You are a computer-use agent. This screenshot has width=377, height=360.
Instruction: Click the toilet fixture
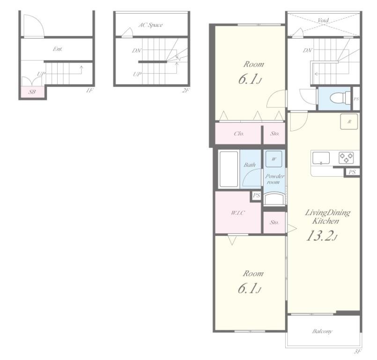click(340, 98)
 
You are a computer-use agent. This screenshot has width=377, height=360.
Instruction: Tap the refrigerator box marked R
click(349, 121)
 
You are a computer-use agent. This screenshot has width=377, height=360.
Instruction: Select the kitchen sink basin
click(321, 158)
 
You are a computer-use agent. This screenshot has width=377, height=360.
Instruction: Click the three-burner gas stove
click(346, 158)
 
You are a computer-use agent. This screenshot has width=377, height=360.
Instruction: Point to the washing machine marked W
click(274, 159)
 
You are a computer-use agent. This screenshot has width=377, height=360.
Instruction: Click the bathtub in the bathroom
click(229, 169)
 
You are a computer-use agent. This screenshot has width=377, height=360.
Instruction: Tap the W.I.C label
click(238, 213)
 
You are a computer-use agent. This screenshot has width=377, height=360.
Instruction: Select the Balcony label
click(322, 331)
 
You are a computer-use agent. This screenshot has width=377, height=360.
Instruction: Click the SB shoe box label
click(32, 92)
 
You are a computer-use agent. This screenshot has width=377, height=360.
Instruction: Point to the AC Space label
click(150, 25)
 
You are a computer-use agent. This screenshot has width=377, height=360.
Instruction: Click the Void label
click(323, 20)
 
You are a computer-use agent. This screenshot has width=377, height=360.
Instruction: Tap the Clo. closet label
click(239, 133)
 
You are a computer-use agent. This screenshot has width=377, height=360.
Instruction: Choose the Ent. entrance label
click(58, 49)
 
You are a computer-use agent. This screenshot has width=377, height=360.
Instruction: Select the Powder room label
click(274, 179)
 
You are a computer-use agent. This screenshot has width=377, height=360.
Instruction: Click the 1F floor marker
click(89, 90)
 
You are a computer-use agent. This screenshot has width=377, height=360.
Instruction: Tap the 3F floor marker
click(357, 352)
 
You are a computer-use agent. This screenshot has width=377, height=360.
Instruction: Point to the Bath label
click(250, 165)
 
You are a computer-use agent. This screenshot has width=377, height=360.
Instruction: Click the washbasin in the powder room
click(274, 199)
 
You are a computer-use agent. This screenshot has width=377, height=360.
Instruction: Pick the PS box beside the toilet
click(356, 99)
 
